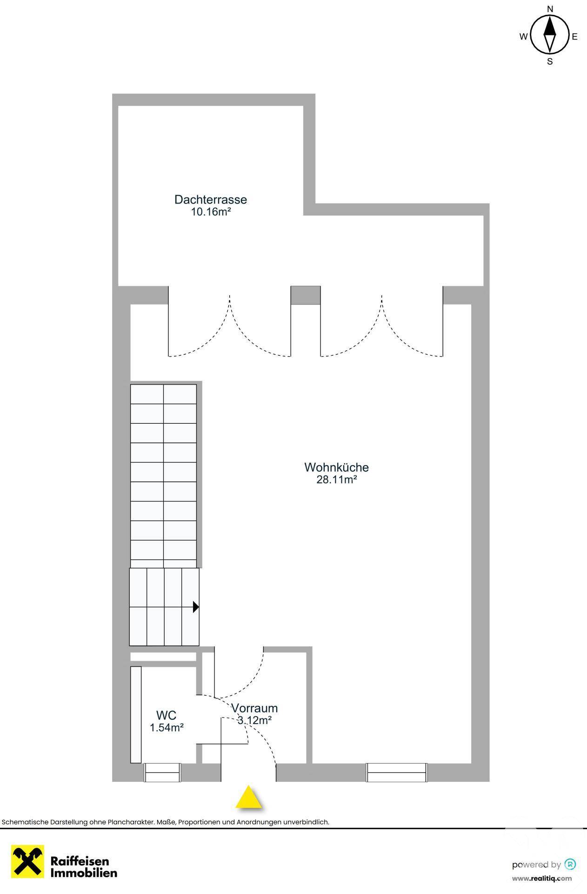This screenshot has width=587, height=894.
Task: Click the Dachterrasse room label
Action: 210,200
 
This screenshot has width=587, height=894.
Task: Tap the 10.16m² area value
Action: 211,212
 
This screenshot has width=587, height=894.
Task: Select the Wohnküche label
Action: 336,467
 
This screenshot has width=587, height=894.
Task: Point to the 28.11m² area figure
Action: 336,480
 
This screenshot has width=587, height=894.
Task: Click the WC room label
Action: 166,715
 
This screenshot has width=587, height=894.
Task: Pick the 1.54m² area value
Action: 167,727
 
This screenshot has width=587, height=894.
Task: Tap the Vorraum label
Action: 254,708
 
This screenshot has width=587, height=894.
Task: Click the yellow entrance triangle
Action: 249,797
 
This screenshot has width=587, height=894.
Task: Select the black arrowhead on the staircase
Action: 196,607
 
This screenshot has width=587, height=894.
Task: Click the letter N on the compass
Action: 550,9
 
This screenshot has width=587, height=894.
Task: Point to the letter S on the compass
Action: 550,61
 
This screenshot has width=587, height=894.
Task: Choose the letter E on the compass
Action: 575,37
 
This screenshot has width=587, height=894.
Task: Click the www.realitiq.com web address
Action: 542,879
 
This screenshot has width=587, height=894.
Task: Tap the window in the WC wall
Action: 162,772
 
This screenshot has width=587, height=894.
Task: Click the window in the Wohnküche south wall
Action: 397,772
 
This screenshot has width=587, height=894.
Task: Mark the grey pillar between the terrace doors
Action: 306,295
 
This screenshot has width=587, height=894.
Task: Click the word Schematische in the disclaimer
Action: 23,822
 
